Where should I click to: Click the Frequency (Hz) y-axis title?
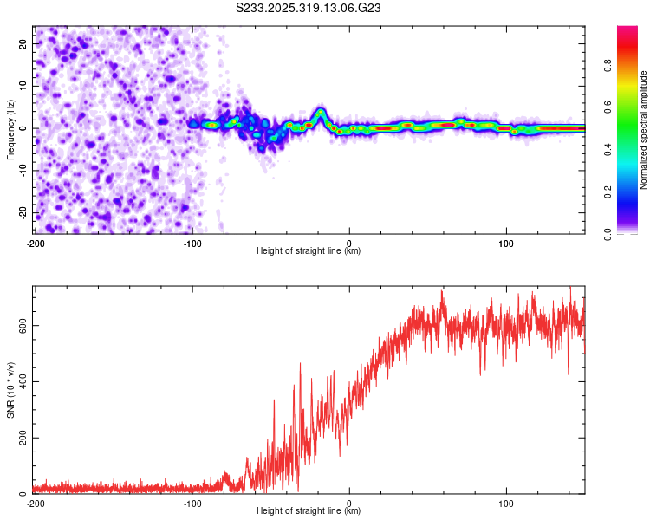coord(10,129)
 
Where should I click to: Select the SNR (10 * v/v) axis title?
coord(10,390)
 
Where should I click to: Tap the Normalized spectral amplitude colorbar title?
coord(644,130)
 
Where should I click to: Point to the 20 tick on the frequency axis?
coord(23,43)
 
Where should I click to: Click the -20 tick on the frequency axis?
coord(22,213)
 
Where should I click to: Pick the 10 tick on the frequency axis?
coord(23,86)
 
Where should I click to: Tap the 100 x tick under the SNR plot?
coord(506,504)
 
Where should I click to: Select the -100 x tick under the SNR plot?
coord(192,504)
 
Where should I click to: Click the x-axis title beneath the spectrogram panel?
coord(309,251)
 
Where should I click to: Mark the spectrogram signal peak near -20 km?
coord(320,112)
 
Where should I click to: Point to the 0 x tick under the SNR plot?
coord(349,504)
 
